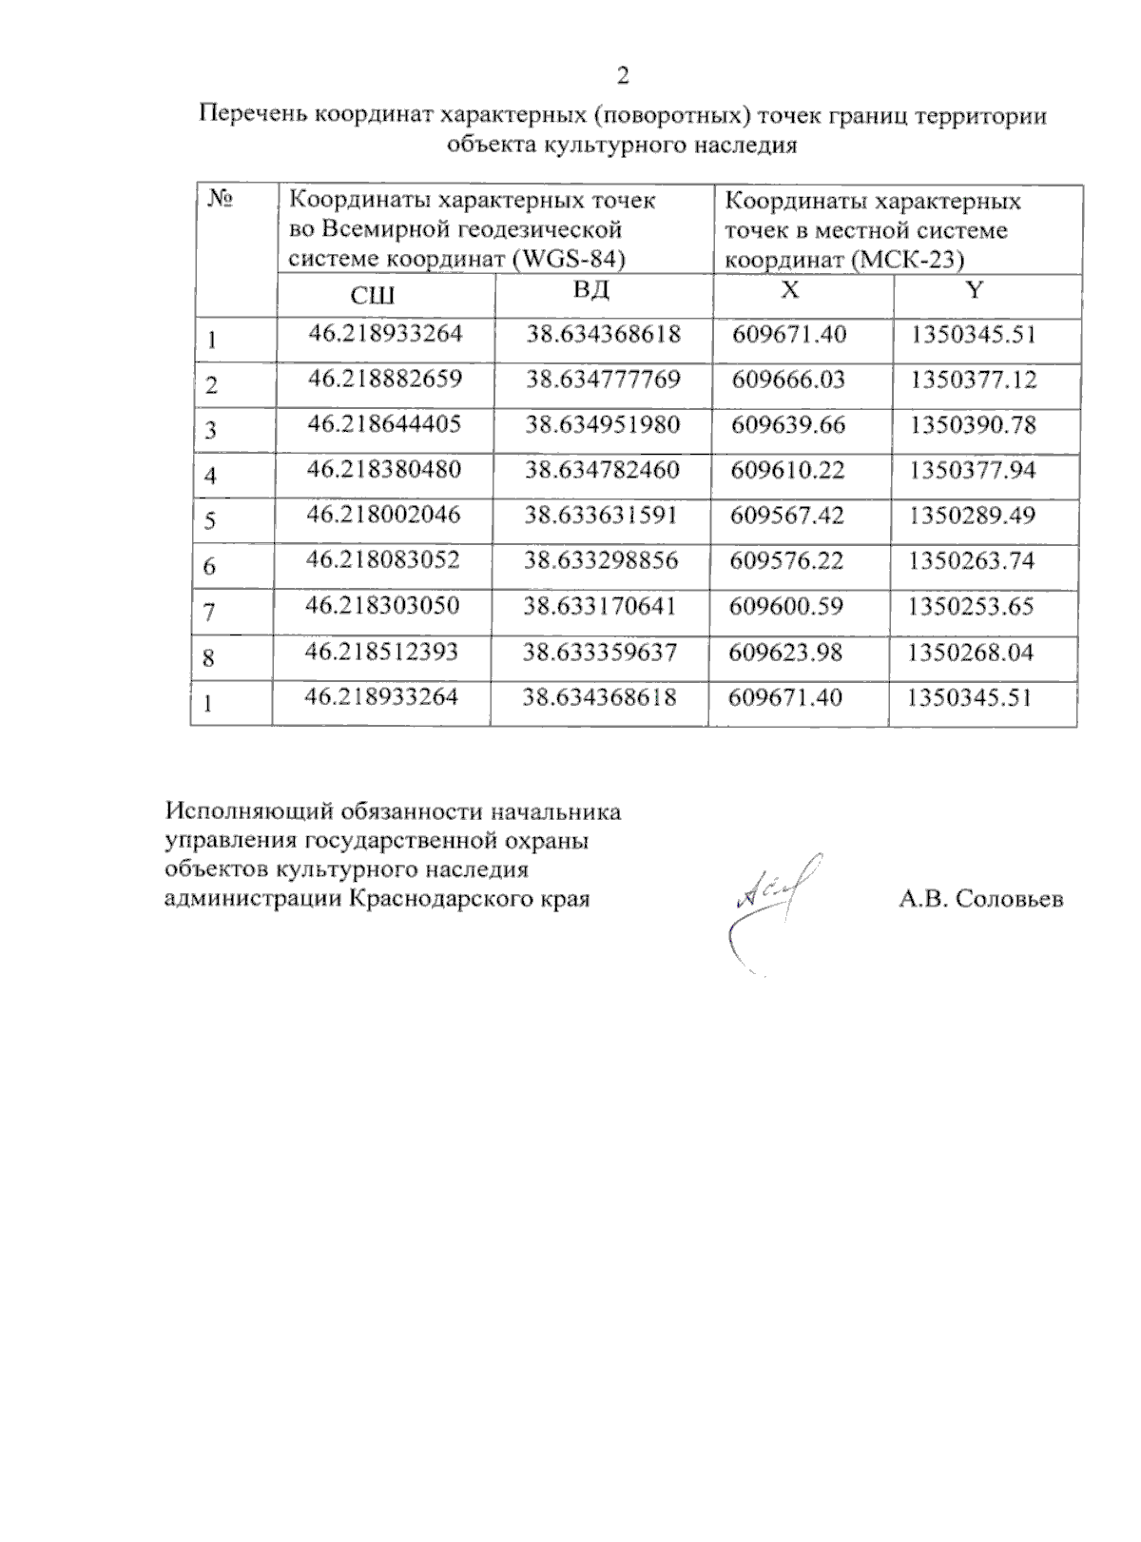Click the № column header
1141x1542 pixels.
coord(221,201)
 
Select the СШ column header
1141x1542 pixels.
coord(373,296)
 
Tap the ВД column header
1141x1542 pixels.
coord(590,289)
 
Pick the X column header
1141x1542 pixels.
coord(790,290)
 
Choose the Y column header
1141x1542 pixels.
coord(974,290)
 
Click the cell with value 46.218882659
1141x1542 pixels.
coord(385,379)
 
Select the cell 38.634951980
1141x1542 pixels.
coord(603,424)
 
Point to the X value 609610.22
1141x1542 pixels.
coord(788,470)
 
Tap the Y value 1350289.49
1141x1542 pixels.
coord(972,516)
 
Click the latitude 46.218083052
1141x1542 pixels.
coord(383,560)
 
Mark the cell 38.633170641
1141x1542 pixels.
coord(600,606)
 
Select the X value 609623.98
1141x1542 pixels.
coord(786,653)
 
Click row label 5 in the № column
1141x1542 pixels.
coord(210,521)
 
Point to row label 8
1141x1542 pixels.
coord(208,658)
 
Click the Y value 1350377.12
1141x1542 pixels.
coord(973,380)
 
